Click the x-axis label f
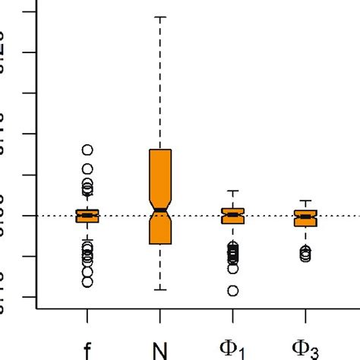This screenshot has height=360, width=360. (87, 350)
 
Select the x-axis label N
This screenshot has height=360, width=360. (160, 350)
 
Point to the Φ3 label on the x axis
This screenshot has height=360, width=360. (305, 350)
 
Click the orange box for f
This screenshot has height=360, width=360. (87, 216)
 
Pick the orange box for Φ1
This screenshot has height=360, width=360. (233, 215)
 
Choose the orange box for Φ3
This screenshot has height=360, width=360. (305, 218)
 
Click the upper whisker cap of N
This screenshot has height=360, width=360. (160, 16)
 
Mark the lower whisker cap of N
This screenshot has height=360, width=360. (160, 289)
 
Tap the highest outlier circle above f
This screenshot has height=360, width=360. (87, 150)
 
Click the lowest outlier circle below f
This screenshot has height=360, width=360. (87, 282)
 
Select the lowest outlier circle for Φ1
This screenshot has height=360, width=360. (233, 290)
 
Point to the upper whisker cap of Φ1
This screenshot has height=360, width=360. (233, 191)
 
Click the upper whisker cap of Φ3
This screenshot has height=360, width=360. (305, 201)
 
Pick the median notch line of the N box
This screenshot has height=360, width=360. (160, 209)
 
